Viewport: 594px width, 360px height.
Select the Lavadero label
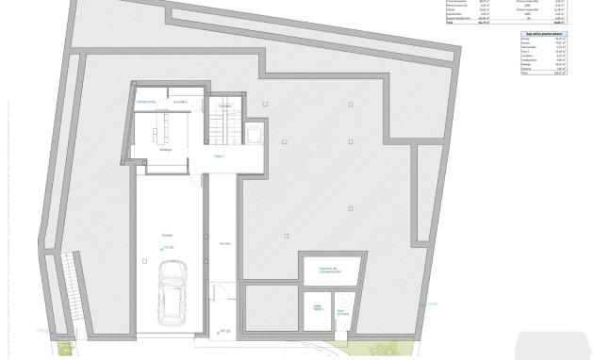[181, 101]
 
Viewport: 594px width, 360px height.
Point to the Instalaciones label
[146, 101]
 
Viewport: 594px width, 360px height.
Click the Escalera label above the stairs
[225, 106]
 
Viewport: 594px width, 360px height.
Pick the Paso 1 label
[220, 156]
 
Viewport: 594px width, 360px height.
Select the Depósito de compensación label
[329, 270]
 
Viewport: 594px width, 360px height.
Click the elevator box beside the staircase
[255, 133]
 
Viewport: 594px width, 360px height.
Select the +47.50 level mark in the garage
[170, 250]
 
